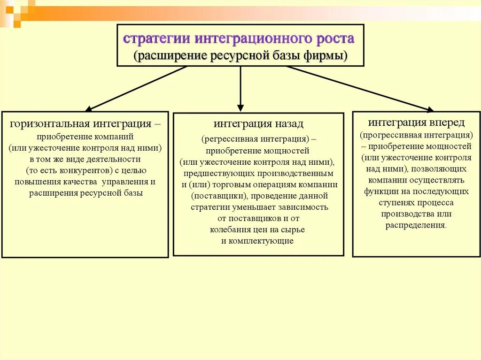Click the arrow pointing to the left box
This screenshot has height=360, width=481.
[136, 89]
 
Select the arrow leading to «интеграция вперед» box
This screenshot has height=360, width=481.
[359, 89]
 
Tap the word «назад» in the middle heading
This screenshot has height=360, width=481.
[287, 124]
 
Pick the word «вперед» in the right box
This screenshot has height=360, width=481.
[447, 123]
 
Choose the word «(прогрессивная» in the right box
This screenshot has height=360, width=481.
[388, 135]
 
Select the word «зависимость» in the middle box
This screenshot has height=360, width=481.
[307, 207]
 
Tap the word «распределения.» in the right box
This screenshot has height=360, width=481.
[416, 225]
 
